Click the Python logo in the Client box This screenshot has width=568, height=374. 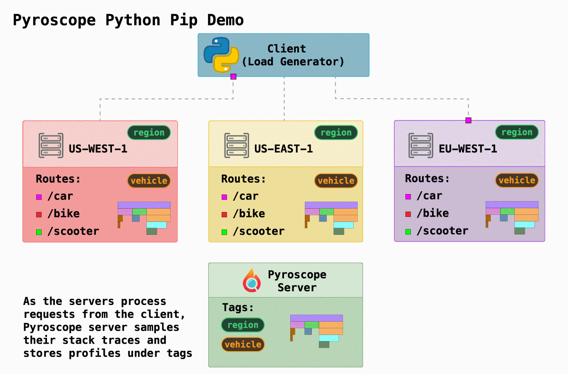pos(221,55)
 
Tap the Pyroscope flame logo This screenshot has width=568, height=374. pos(252,280)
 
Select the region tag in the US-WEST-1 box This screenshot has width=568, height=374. pos(149,133)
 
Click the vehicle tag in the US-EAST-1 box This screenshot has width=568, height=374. pos(336,181)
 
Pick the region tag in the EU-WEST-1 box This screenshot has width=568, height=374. pos(517,132)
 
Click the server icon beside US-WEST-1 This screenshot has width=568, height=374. pos(51,145)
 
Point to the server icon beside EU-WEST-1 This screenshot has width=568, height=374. pos(421,145)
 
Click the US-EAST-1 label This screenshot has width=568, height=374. pos(283,149)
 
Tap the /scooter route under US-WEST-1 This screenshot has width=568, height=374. pos(73,231)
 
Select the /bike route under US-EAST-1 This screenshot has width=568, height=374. pos(249,214)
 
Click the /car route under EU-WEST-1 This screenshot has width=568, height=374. pos(430,196)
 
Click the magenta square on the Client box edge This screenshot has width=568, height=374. pos(233,76)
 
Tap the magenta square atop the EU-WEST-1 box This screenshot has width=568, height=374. pos(468,120)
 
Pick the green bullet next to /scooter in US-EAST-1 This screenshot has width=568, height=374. pos(224,232)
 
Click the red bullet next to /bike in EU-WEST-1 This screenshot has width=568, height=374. pos(408,214)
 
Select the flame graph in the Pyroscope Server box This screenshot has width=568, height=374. pos(316,331)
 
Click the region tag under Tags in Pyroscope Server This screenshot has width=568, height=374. pos(243,325)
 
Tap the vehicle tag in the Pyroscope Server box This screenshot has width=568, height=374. pos(243,344)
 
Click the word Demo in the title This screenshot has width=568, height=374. pos(225,20)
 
